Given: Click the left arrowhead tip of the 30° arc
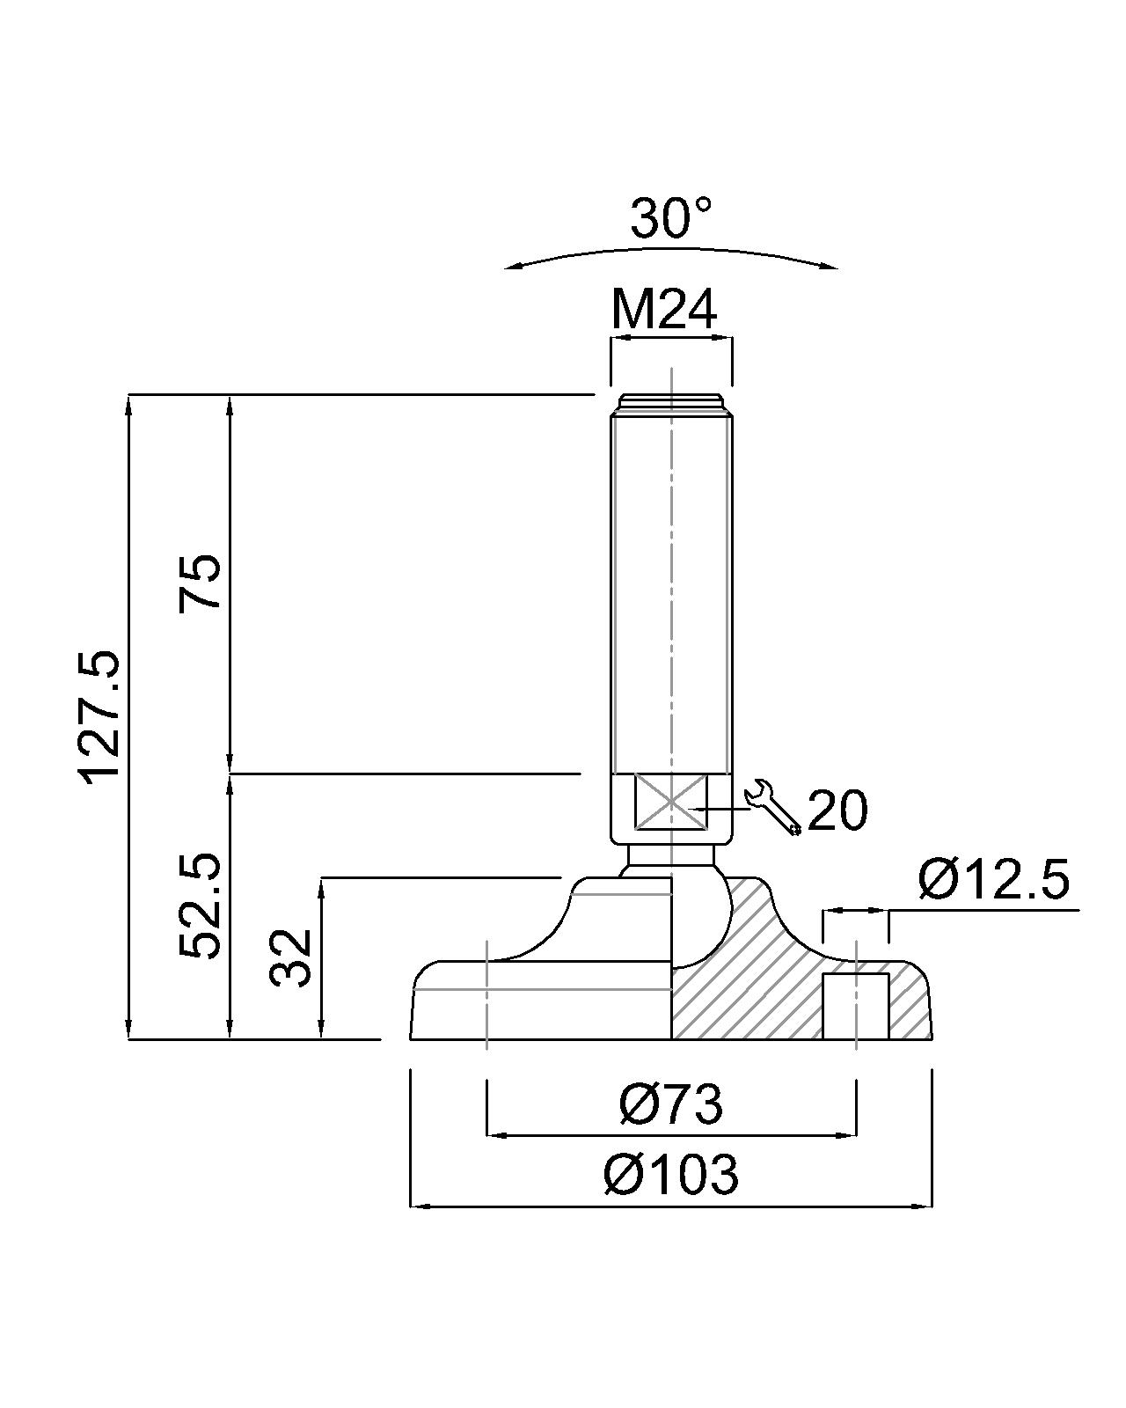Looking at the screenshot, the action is point(504,268).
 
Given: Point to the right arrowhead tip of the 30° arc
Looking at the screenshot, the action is point(838,268).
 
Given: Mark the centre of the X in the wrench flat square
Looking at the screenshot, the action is point(670,802).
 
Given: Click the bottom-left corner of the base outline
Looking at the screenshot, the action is point(410,1038).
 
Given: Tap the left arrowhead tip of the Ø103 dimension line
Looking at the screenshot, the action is point(410,1206).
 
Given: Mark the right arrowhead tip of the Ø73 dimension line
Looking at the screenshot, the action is point(856,1135).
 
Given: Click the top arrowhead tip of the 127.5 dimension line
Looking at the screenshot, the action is point(129,394).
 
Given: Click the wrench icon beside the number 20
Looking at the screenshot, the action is point(772,807).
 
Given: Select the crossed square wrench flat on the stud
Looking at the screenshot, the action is point(670,802).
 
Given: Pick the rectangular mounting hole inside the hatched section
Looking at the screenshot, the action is point(855,1006).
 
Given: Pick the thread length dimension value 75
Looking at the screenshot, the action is point(200,583).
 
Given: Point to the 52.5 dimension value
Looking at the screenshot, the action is point(200,906).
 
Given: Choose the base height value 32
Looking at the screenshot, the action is point(289,958).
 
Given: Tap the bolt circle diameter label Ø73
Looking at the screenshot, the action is point(671,1104).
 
